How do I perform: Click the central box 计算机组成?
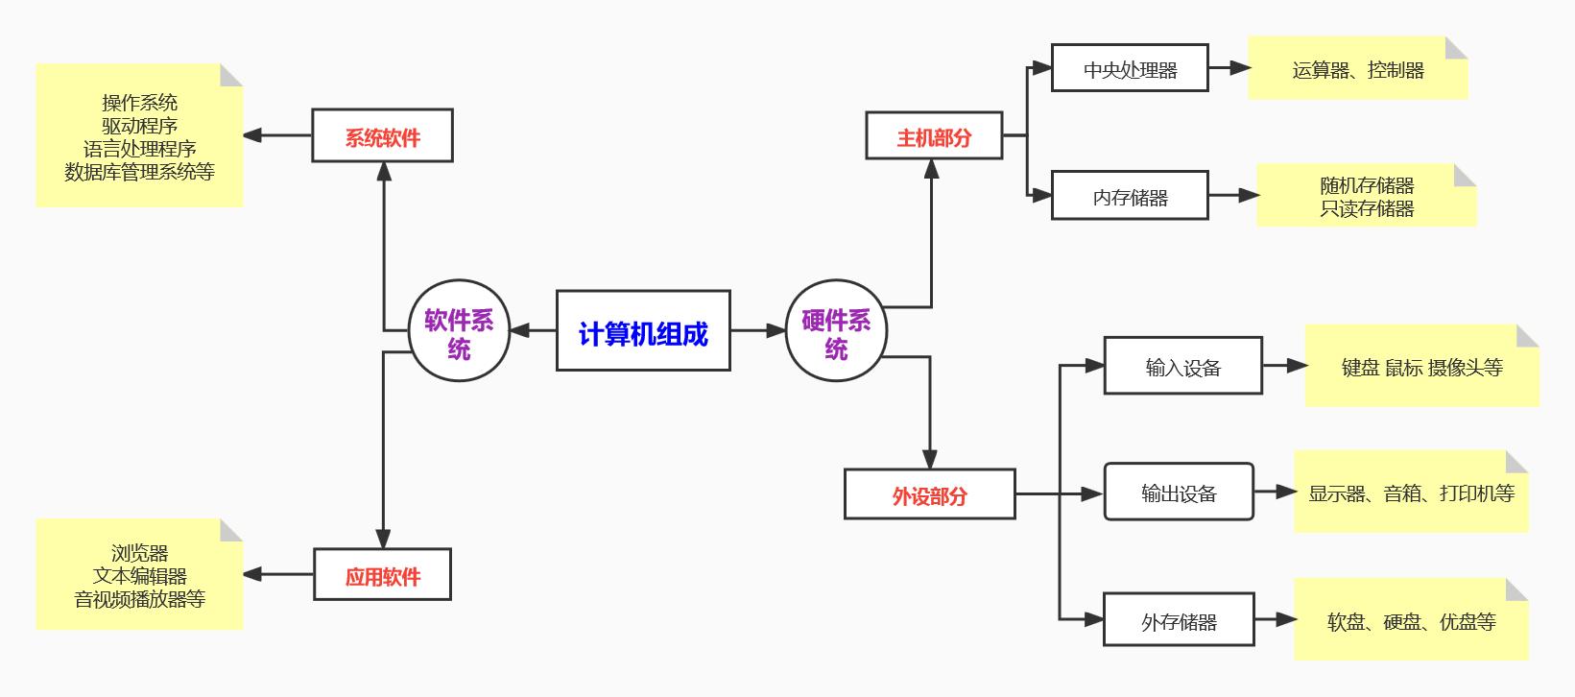pos(643,331)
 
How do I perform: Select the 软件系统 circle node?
pos(459,331)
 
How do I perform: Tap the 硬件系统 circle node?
pos(836,331)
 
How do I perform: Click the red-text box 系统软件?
pos(382,136)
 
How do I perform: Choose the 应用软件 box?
pos(382,575)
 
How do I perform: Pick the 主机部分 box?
pos(934,136)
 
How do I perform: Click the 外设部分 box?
pos(929,494)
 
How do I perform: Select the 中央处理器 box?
pos(1130,69)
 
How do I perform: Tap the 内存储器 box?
pos(1130,197)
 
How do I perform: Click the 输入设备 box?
pos(1182,367)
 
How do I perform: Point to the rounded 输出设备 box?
pos(1179,493)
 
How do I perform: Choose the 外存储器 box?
pos(1179,621)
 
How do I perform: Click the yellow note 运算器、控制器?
pos(1357,69)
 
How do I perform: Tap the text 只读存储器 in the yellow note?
pos(1366,209)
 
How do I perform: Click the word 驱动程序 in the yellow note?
pos(139,126)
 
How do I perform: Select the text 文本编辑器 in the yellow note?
pos(139,576)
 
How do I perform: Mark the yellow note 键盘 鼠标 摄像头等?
pos(1421,367)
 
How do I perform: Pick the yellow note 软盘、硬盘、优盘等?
pos(1411,621)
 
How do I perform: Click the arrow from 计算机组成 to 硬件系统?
pos(758,331)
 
